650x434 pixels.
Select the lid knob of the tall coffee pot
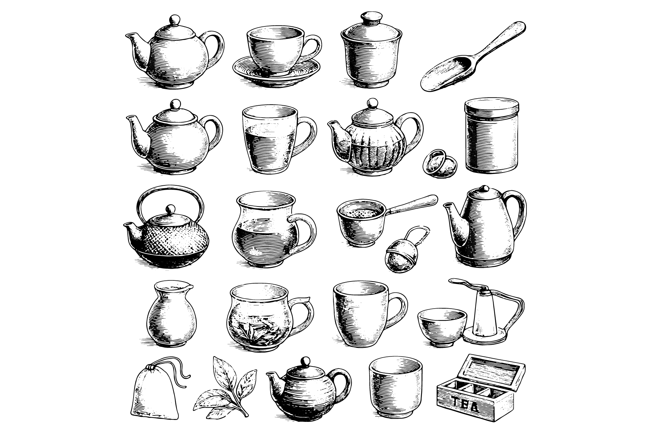(484, 188)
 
